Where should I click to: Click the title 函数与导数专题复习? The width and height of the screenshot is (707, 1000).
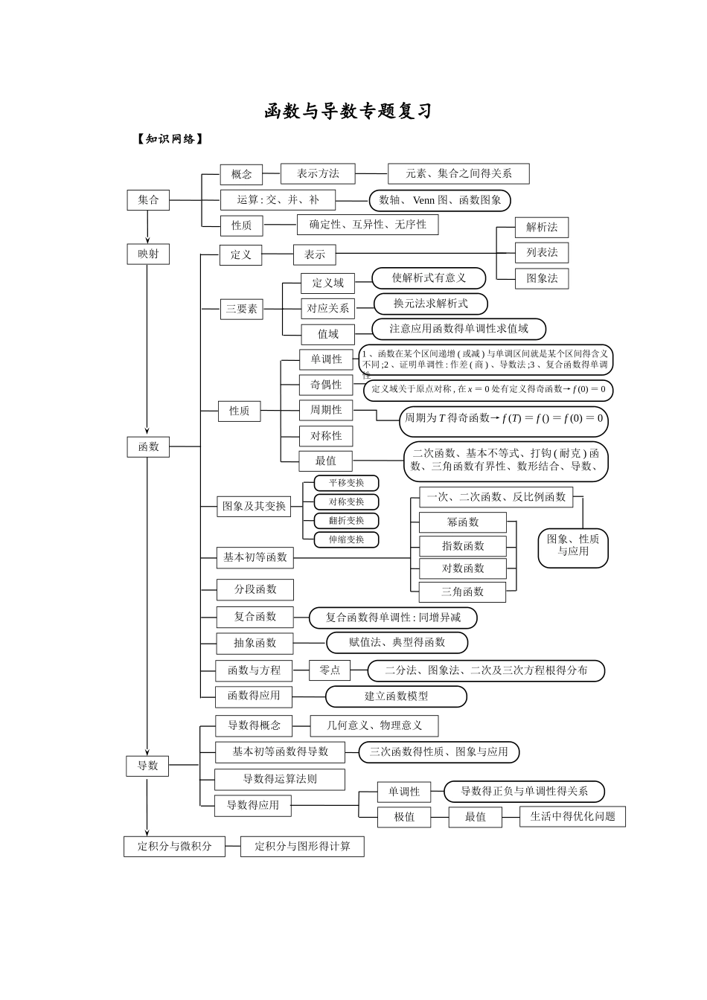[x=348, y=112]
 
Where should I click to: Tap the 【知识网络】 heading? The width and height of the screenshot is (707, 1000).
[x=170, y=139]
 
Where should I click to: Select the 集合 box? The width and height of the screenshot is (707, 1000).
[x=148, y=199]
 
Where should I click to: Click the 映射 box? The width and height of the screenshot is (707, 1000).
[x=148, y=254]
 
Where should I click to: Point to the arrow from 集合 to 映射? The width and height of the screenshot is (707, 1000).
[x=148, y=226]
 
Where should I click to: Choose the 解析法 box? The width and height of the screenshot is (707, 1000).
[x=542, y=228]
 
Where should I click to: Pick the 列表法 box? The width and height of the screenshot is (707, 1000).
[x=542, y=252]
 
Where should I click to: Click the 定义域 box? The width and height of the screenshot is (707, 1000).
[x=327, y=283]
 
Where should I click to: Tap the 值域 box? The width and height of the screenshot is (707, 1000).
[x=327, y=334]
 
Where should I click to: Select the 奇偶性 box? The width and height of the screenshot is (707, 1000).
[x=326, y=385]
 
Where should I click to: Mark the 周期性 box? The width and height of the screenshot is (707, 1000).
[x=326, y=410]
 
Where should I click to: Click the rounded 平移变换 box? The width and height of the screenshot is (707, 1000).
[x=346, y=483]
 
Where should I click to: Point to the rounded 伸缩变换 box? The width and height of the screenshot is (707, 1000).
[x=346, y=539]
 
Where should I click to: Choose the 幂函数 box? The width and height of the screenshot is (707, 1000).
[x=463, y=522]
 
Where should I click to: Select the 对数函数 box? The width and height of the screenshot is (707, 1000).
[x=463, y=568]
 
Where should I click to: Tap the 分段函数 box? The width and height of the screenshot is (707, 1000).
[x=255, y=589]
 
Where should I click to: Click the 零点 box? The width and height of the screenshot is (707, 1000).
[x=330, y=670]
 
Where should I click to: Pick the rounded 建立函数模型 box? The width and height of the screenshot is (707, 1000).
[x=396, y=696]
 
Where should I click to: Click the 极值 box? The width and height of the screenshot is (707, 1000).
[x=404, y=817]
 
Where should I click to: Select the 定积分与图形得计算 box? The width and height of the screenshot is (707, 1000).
[x=302, y=846]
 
